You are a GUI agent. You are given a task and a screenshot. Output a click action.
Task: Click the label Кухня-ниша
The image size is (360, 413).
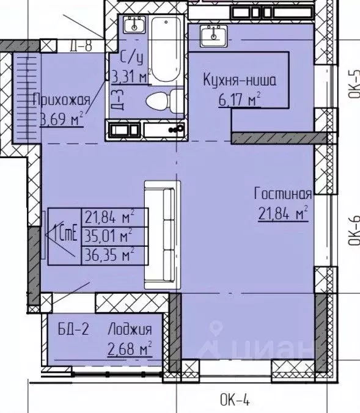click(239, 80)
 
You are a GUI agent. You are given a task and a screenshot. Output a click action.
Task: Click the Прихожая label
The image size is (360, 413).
click(62, 100)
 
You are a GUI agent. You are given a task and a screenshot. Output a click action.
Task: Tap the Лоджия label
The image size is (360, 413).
click(129, 331)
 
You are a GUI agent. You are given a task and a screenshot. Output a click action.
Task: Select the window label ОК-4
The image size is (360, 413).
click(235, 400)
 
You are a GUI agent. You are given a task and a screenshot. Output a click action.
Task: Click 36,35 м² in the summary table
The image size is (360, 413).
click(110, 253)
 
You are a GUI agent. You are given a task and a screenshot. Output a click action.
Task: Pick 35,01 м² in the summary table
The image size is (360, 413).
click(110, 235)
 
